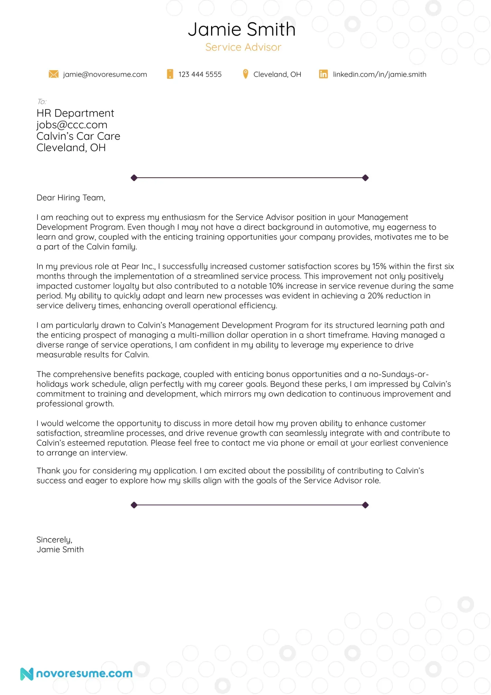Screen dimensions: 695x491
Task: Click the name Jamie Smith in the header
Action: tap(242, 29)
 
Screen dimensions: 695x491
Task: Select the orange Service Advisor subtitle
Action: tap(243, 47)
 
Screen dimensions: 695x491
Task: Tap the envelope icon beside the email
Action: tap(53, 74)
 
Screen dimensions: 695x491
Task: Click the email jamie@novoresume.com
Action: tap(105, 74)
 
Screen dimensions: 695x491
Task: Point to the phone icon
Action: tap(170, 74)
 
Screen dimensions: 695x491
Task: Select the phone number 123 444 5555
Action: tap(200, 74)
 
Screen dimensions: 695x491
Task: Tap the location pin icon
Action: tap(245, 74)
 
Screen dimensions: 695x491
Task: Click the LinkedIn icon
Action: tap(323, 74)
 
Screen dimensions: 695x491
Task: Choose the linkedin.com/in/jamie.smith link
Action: tap(379, 74)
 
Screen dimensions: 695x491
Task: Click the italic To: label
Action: tap(42, 102)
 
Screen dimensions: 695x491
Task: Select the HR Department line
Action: tap(75, 113)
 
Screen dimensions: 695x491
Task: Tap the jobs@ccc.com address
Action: tap(72, 125)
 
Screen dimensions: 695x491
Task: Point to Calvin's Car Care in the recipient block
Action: tap(78, 136)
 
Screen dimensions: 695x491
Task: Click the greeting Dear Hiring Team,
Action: tap(71, 198)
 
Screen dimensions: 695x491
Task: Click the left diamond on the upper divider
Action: tap(134, 178)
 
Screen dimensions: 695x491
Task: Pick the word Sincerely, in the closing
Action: tap(54, 540)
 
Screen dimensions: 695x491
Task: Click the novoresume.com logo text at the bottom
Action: tap(84, 673)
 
